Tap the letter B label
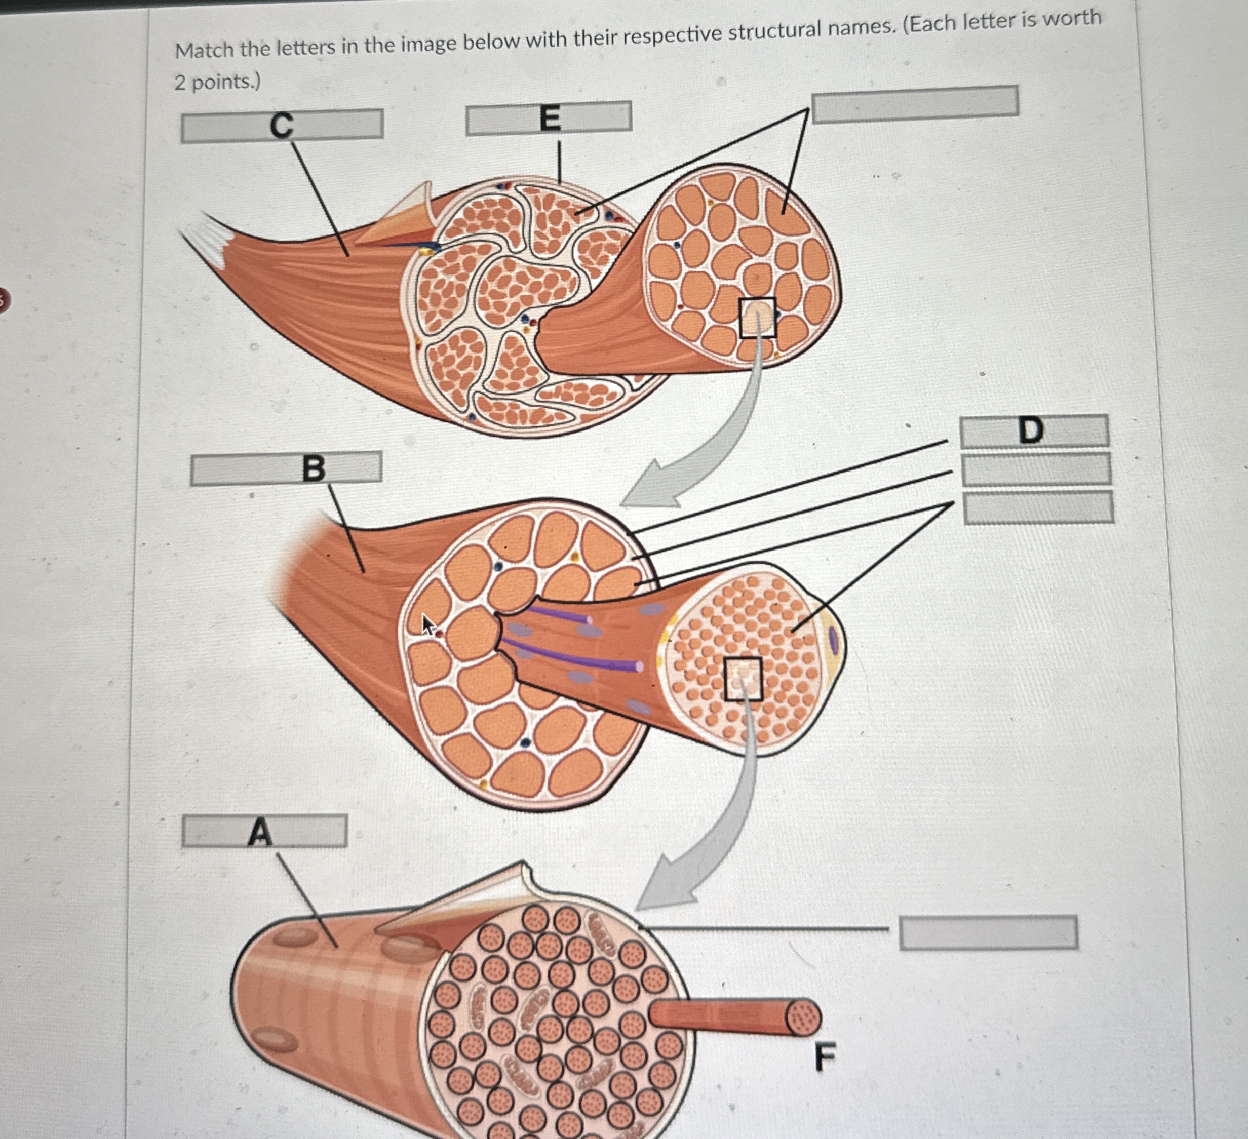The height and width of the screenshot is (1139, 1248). pyautogui.click(x=313, y=468)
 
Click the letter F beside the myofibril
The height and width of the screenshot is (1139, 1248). pyautogui.click(x=825, y=1056)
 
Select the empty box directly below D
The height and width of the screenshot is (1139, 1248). pyautogui.click(x=1037, y=469)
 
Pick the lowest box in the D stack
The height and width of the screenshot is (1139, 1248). pyautogui.click(x=1039, y=507)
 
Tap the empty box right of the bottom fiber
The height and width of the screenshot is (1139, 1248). pyautogui.click(x=988, y=933)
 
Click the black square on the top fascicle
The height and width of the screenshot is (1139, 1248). pyautogui.click(x=757, y=318)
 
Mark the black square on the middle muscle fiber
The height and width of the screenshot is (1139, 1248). pyautogui.click(x=743, y=679)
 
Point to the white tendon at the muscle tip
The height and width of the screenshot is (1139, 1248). pyautogui.click(x=204, y=239)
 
